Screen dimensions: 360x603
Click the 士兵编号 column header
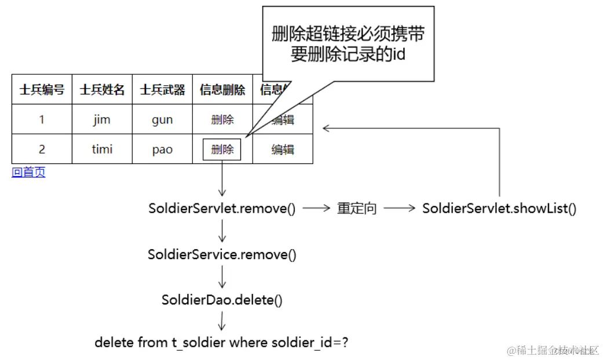click(x=42, y=90)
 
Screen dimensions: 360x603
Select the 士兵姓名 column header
click(x=102, y=90)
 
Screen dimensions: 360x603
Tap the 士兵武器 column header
click(x=162, y=90)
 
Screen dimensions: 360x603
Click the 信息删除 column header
click(x=222, y=90)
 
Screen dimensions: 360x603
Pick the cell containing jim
click(x=102, y=120)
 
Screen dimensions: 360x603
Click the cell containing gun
click(x=162, y=120)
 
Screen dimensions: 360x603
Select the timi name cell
click(x=102, y=150)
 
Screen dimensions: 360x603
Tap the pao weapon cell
click(x=162, y=150)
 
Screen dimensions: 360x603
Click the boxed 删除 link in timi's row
click(x=222, y=150)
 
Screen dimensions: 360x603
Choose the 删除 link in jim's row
click(x=222, y=120)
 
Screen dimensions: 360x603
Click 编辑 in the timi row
click(x=283, y=150)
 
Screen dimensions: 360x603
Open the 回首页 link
click(x=28, y=172)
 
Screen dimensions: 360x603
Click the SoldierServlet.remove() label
click(x=222, y=209)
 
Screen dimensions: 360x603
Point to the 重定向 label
click(x=357, y=209)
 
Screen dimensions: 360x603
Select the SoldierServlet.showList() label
click(x=499, y=209)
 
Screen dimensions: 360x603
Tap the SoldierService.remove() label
click(x=222, y=254)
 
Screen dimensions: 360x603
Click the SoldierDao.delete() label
click(x=222, y=300)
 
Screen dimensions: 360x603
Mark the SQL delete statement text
click(x=221, y=343)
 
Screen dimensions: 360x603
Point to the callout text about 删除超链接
click(x=348, y=43)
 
